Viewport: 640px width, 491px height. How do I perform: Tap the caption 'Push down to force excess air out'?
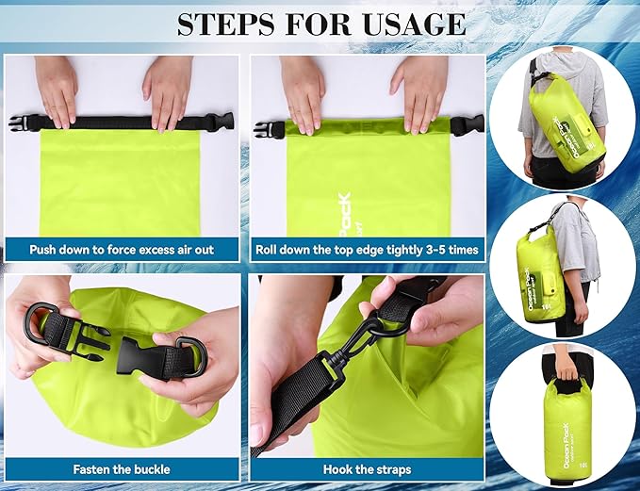122,251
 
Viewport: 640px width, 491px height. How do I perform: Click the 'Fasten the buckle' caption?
122,468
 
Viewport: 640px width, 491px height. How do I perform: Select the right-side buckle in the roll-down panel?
468,125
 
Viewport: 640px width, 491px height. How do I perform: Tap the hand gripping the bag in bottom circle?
564,360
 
